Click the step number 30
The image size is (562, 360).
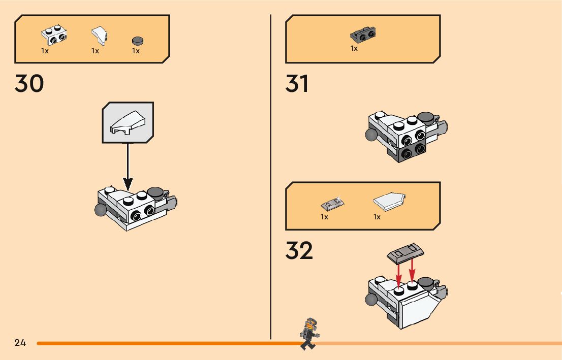tap(29, 84)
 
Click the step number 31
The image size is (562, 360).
tap(297, 84)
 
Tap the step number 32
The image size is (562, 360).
tap(299, 250)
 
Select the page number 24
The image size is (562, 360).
tap(20, 343)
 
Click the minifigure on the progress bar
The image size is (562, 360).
tap(308, 334)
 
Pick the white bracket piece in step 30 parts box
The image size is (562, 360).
tap(54, 35)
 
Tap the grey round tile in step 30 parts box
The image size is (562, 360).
tap(137, 41)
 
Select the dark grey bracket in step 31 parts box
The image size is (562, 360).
tap(363, 35)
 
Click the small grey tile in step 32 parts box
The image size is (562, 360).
tap(333, 204)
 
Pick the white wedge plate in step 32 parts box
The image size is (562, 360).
tap(390, 202)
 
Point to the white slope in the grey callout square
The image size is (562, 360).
tap(128, 123)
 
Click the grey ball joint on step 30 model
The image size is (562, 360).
tap(100, 210)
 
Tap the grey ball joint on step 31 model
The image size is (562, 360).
tap(371, 134)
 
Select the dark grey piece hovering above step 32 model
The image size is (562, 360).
tap(405, 252)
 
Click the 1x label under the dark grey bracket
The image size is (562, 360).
tap(354, 49)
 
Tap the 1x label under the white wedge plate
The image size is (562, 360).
tap(377, 217)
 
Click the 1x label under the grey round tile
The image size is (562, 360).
tap(136, 51)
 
